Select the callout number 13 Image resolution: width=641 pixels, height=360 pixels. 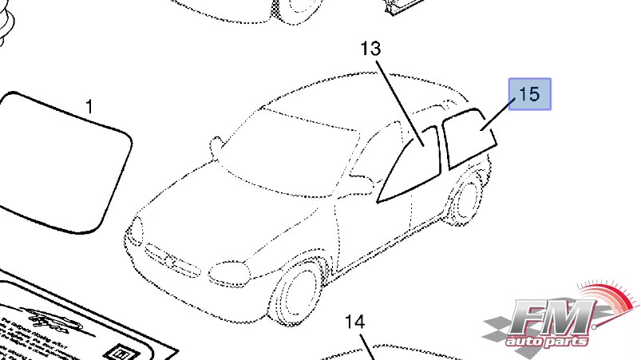[x=370, y=49]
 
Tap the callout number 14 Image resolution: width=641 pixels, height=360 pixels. [x=354, y=322]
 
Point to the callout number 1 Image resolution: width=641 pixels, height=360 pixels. [x=89, y=106]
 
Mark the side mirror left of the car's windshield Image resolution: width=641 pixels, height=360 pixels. [x=215, y=146]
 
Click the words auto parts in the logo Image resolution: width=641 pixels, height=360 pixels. [x=548, y=341]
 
